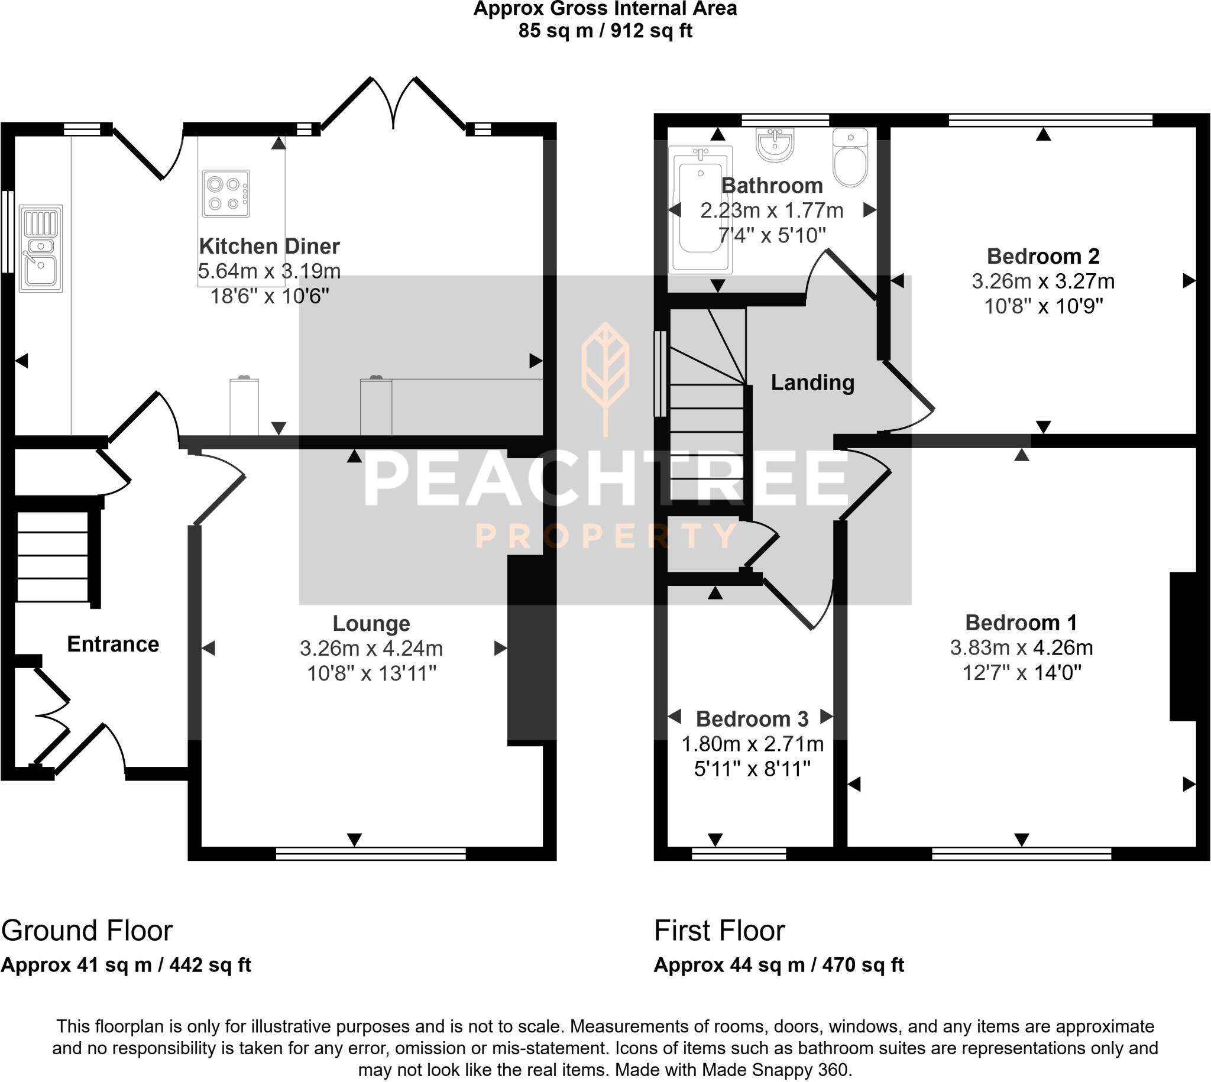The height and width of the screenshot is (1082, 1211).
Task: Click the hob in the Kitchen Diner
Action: pyautogui.click(x=226, y=194)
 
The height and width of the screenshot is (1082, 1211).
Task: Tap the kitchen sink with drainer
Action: pyautogui.click(x=40, y=248)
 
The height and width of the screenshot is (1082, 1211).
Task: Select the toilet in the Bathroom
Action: pyautogui.click(x=850, y=158)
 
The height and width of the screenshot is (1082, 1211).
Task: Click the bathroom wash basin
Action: pyautogui.click(x=775, y=144)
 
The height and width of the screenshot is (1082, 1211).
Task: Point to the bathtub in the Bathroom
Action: pyautogui.click(x=700, y=209)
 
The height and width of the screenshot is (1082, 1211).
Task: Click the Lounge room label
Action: pyautogui.click(x=371, y=623)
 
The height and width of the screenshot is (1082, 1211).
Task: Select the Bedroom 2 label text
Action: pyautogui.click(x=1042, y=255)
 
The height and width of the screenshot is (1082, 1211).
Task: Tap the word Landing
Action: pyautogui.click(x=812, y=383)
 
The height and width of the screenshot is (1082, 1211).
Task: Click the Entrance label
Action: pyautogui.click(x=113, y=644)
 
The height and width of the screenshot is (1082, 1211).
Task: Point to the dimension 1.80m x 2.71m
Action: pyautogui.click(x=752, y=744)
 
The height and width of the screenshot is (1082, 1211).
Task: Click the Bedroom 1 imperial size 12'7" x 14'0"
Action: pyautogui.click(x=1021, y=673)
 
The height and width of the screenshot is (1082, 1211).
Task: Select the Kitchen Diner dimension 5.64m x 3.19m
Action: pyautogui.click(x=268, y=271)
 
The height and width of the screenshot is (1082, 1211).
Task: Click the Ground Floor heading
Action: pyautogui.click(x=87, y=931)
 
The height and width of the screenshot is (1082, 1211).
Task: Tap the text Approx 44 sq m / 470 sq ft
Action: pyautogui.click(x=778, y=964)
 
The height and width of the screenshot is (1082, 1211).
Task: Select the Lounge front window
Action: pyautogui.click(x=371, y=854)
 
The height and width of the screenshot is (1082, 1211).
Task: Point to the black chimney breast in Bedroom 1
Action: pyautogui.click(x=1183, y=646)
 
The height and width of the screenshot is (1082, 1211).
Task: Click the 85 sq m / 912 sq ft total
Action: pyautogui.click(x=604, y=30)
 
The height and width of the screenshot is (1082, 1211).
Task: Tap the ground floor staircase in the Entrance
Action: pyautogui.click(x=52, y=556)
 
